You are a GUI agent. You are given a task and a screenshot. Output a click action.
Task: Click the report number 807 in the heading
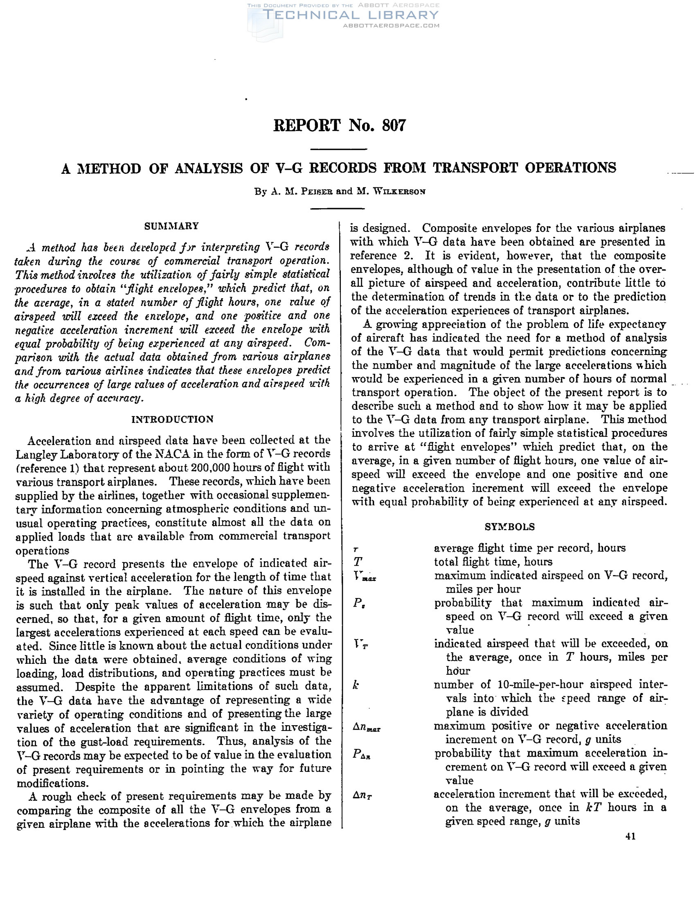coord(394,125)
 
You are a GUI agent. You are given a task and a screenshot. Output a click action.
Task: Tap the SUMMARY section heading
coord(171,226)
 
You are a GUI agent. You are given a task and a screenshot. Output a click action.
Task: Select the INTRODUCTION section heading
coord(173,420)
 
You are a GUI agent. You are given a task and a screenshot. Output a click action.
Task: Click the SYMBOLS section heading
coord(509,527)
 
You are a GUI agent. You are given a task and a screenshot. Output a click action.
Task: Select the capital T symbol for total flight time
coord(357,562)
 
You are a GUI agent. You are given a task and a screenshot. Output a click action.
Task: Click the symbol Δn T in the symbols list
coord(363,796)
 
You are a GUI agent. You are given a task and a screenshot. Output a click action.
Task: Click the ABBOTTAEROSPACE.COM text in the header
coord(391,25)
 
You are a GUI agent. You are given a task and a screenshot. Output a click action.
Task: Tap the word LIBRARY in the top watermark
coord(398,15)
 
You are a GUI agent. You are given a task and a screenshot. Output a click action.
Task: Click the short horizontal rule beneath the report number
coord(338,149)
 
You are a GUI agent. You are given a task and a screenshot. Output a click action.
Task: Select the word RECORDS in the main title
coord(343,168)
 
